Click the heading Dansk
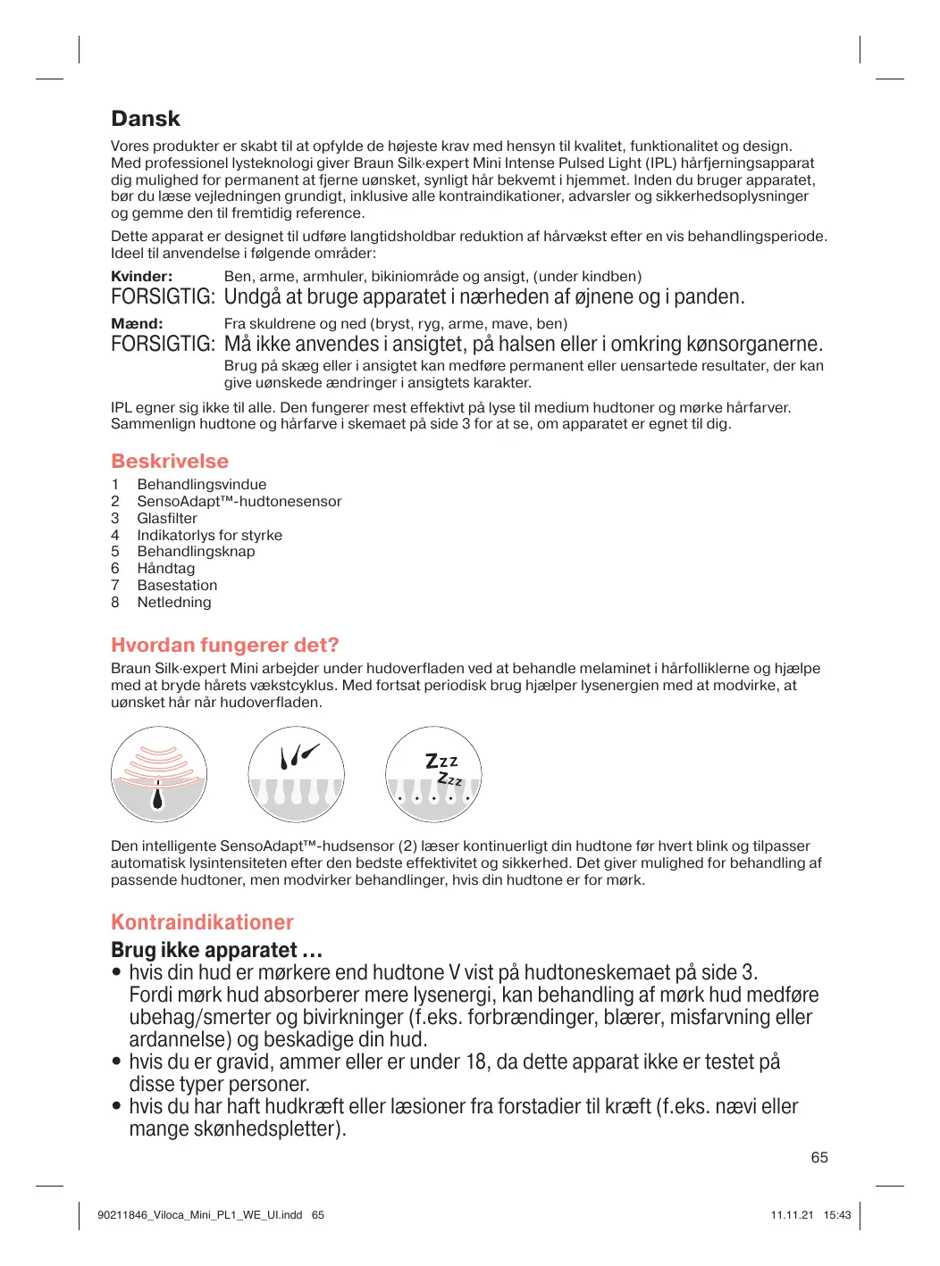[x=145, y=119]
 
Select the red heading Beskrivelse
[x=170, y=461]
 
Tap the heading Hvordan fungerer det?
[x=224, y=645]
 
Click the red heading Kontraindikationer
[x=202, y=922]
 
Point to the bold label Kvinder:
[x=141, y=277]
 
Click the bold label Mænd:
[x=137, y=324]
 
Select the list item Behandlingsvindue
[x=201, y=485]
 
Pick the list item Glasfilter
[x=167, y=519]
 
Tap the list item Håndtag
[x=165, y=569]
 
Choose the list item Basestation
[x=177, y=586]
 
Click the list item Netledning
[x=174, y=603]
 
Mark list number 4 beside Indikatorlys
[x=115, y=536]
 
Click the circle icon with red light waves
[x=159, y=774]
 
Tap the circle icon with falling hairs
[x=296, y=774]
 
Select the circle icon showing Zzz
[x=433, y=774]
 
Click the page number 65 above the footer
[x=819, y=1157]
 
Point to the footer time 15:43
[x=837, y=1215]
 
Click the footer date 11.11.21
[x=792, y=1215]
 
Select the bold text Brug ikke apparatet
[x=216, y=950]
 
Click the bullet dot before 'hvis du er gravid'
[x=116, y=1062]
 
